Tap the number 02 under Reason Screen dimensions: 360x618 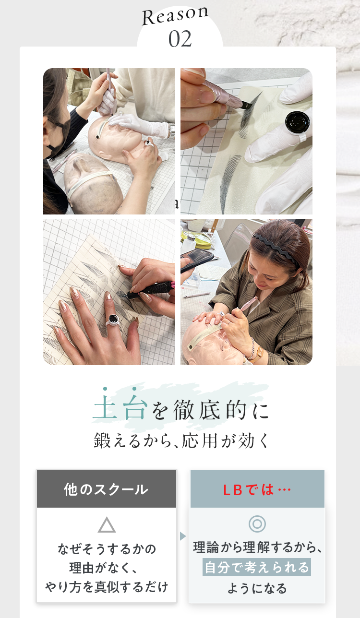point(180,39)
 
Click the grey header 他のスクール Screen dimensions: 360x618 point(107,489)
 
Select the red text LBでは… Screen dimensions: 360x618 point(257,490)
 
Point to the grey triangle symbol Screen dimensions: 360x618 point(107,524)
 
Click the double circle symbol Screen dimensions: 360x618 point(257,523)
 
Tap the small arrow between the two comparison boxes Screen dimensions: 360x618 point(182,536)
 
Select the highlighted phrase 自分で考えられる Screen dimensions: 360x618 point(257,567)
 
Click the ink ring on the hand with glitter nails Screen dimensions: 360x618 point(113,321)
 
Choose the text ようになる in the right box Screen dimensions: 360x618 point(257,588)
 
